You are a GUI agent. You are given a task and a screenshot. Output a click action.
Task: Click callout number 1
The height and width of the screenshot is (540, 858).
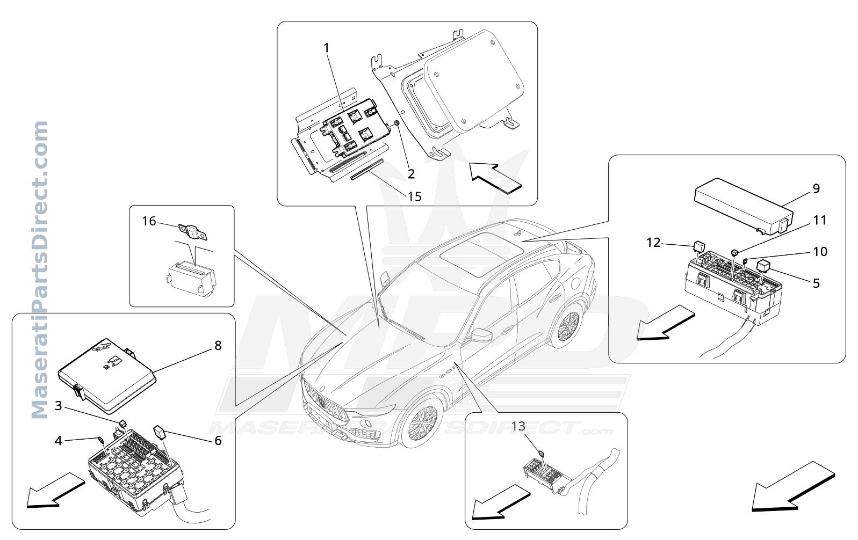326,48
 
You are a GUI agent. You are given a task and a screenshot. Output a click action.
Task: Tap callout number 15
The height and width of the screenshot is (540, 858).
414,196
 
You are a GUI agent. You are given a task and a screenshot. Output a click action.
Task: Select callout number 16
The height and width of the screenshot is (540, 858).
149,221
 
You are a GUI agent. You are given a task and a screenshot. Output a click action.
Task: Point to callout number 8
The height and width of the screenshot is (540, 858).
218,346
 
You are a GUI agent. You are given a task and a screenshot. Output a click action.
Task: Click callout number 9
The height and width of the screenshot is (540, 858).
816,188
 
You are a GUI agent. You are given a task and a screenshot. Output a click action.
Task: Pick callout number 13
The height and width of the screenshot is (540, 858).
518,426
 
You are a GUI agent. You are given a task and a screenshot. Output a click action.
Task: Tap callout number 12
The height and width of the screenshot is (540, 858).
653,243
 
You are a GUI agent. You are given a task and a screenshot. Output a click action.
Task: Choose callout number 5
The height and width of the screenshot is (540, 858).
816,283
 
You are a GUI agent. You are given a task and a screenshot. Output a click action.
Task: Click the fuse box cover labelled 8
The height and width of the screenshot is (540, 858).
107,376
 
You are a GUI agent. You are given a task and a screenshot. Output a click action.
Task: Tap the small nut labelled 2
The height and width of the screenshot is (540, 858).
397,123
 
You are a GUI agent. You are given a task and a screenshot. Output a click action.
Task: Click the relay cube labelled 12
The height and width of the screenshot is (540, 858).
699,246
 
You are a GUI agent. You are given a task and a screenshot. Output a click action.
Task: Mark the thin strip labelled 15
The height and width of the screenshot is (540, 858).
367,169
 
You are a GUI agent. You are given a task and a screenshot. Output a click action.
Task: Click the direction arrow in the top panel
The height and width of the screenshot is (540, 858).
495,178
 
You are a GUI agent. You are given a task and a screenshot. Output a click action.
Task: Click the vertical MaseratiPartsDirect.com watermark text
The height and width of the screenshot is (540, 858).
39,270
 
